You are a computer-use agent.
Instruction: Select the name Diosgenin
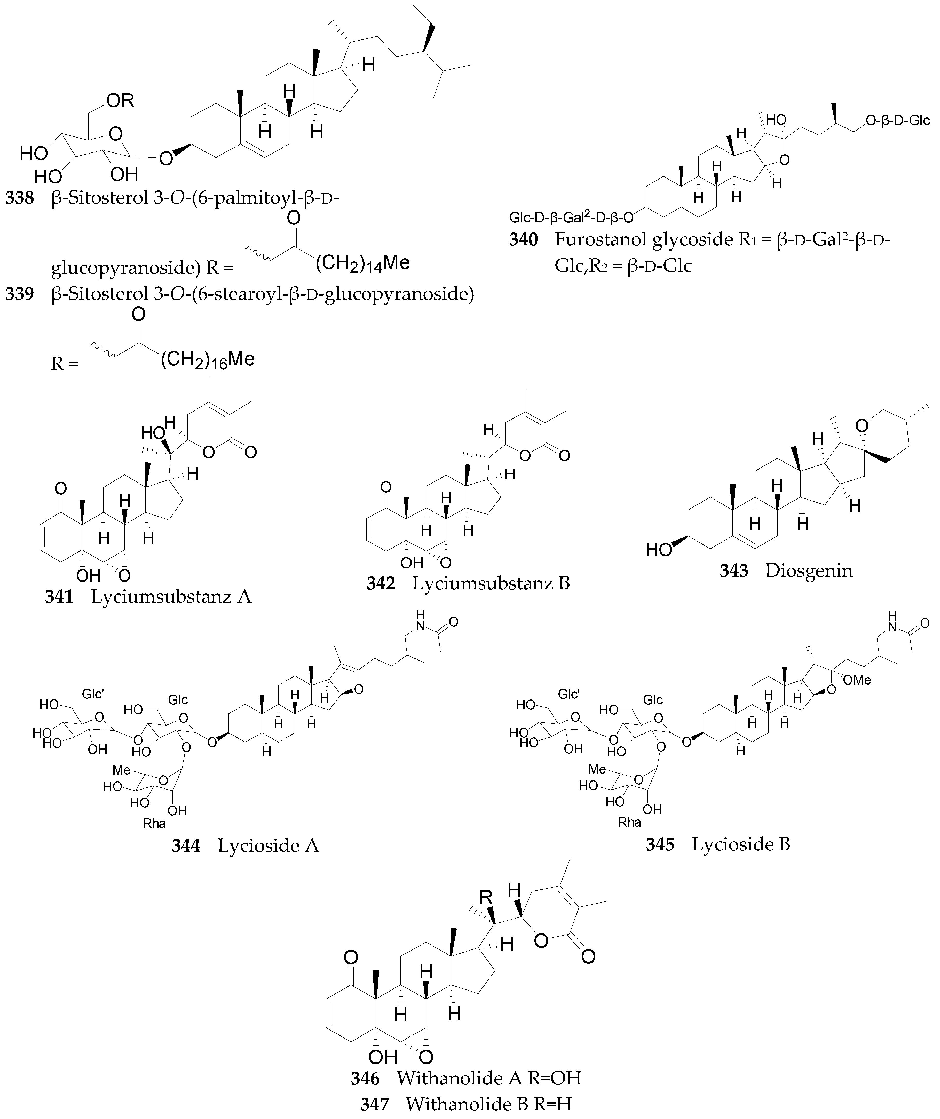click(809, 571)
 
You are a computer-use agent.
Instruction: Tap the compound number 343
click(734, 571)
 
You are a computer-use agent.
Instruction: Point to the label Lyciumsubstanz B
click(491, 583)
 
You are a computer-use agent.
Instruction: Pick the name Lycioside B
click(741, 844)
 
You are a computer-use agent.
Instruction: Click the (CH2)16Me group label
click(207, 359)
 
